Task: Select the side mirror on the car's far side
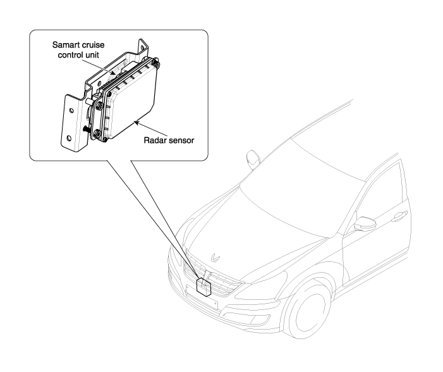[x=254, y=156]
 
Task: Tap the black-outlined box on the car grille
[x=205, y=286]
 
